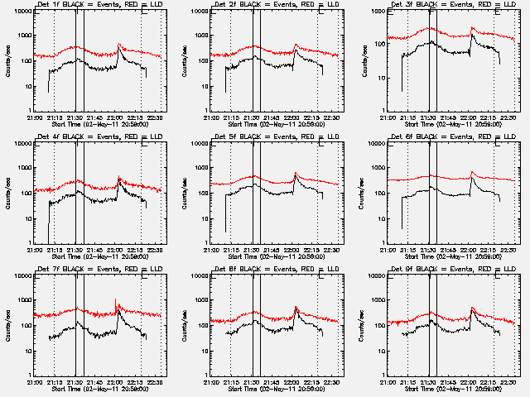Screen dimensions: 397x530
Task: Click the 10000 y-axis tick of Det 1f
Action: [x=20, y=12]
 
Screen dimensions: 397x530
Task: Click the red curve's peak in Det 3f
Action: [x=472, y=28]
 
